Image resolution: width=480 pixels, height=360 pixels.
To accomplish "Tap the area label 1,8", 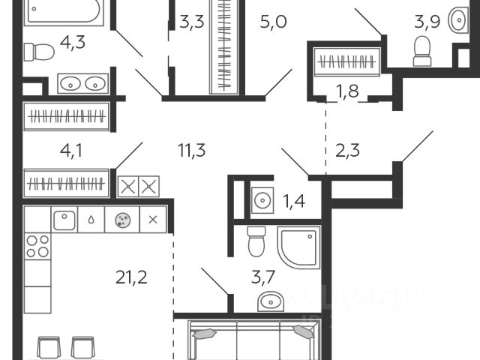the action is pyautogui.click(x=347, y=92).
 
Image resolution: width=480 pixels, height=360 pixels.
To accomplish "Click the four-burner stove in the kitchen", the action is pyautogui.click(x=37, y=246).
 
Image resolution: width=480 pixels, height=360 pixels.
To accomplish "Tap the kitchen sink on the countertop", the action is pyautogui.click(x=64, y=220).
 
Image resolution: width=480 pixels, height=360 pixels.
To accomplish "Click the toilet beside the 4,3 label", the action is pyautogui.click(x=39, y=51).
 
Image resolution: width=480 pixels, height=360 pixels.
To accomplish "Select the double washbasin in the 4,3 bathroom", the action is pyautogui.click(x=82, y=83).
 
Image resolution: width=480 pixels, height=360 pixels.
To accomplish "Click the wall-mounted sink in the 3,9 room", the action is pyautogui.click(x=457, y=21).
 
